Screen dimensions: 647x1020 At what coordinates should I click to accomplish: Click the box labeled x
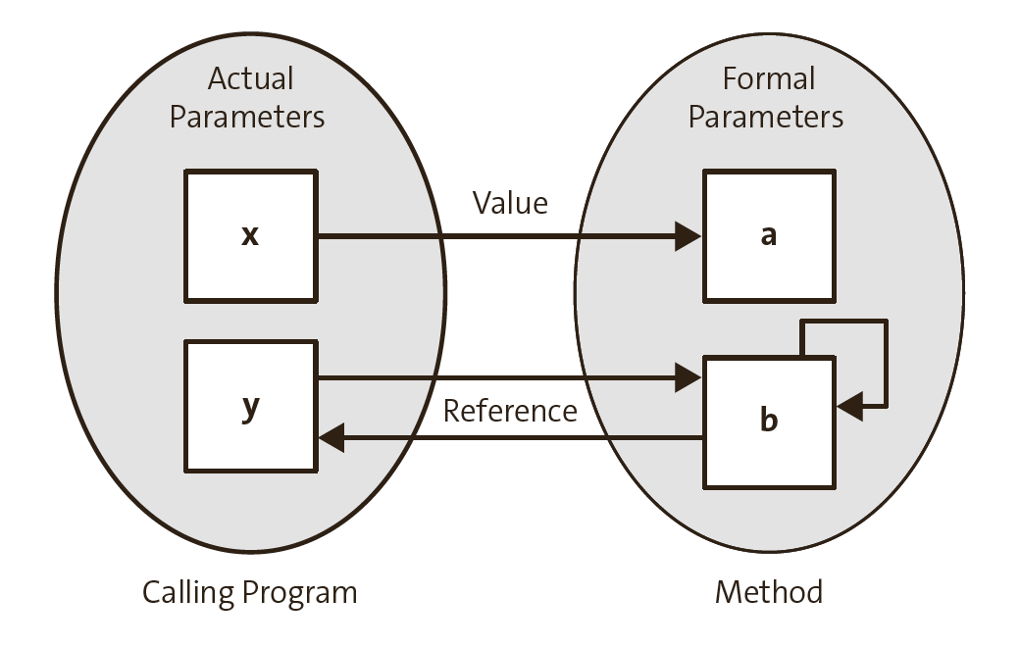[250, 235]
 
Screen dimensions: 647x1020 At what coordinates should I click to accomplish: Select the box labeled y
[250, 405]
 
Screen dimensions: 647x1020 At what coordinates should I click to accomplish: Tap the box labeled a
[769, 235]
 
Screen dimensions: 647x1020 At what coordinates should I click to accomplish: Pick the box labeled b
[769, 422]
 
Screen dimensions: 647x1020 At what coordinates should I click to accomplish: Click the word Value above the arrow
[510, 203]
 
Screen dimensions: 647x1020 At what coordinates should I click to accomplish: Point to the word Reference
[510, 411]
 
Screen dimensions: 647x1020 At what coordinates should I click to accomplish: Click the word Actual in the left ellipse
[250, 78]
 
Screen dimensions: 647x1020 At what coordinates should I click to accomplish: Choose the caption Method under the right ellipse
[768, 592]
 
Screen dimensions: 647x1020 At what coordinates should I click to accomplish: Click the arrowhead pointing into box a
[688, 236]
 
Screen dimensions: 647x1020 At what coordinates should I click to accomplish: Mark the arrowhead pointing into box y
[331, 438]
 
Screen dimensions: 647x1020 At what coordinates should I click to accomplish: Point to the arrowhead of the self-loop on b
[850, 405]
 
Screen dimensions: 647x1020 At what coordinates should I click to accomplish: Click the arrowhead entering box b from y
[688, 377]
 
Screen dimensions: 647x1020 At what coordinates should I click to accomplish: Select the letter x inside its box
[250, 236]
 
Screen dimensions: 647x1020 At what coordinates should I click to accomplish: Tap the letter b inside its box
[770, 421]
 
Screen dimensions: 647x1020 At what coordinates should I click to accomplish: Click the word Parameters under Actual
[247, 118]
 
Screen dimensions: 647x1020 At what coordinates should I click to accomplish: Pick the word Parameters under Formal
[766, 118]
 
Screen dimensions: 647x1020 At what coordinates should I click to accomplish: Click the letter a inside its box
[769, 236]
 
